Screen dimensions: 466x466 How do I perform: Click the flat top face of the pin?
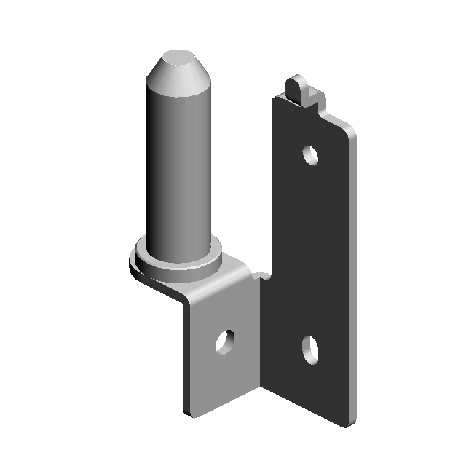[x=177, y=58]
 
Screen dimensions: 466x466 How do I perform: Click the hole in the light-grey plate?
[x=226, y=340]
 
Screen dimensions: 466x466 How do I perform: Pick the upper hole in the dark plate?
[x=312, y=154]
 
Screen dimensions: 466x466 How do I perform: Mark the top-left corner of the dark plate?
[x=275, y=100]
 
